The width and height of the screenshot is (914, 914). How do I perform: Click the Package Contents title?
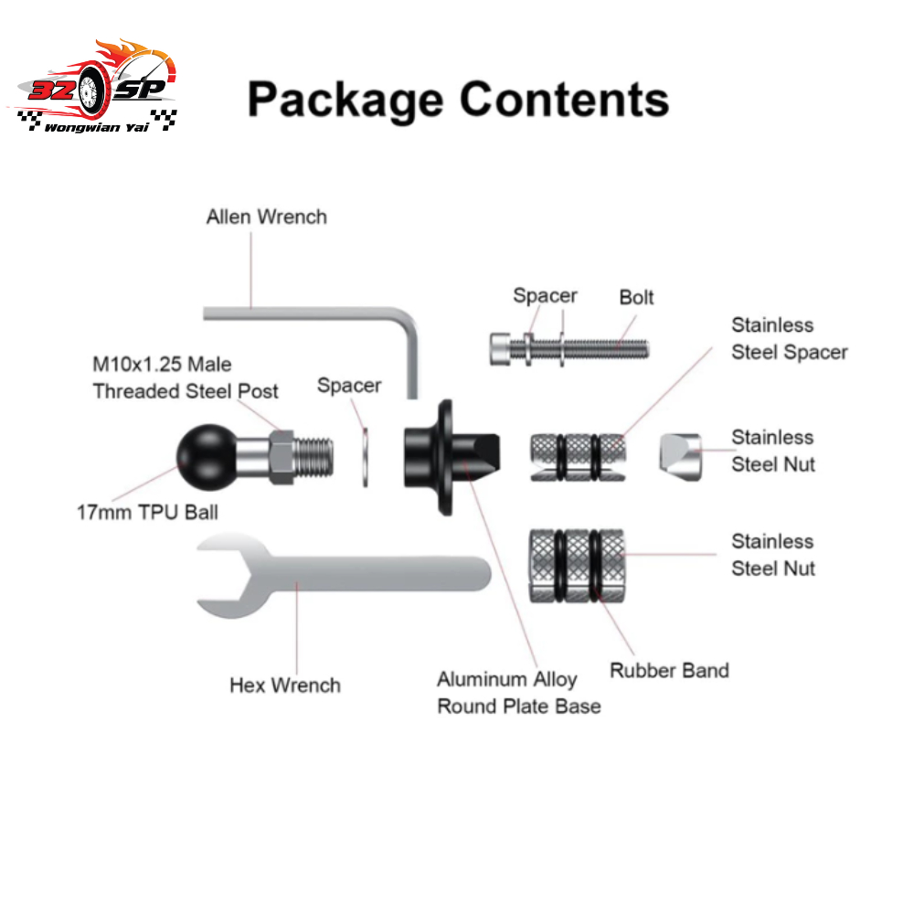click(458, 99)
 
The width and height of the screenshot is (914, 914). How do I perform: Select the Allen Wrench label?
click(266, 218)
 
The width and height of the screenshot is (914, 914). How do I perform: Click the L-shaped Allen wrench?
click(311, 313)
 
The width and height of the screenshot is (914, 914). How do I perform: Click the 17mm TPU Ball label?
click(147, 511)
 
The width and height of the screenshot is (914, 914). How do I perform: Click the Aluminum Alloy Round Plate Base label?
click(518, 692)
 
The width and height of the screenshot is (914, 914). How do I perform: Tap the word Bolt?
click(636, 298)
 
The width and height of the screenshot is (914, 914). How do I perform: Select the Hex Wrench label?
click(285, 685)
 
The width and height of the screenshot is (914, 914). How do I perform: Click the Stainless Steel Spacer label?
click(789, 338)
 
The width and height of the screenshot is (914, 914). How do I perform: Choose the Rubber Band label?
click(669, 671)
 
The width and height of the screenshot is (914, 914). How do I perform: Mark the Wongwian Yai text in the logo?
click(95, 126)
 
